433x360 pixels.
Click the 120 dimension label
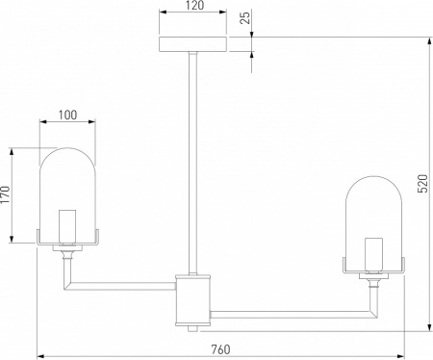194,6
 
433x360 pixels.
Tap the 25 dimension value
245,18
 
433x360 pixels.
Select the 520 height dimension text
423,184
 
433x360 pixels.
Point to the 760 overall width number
220,349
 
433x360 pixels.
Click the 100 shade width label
67,115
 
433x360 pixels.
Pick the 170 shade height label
6,194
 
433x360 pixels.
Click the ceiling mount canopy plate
193,44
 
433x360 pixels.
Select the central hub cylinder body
192,300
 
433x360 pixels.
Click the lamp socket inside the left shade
67,226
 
